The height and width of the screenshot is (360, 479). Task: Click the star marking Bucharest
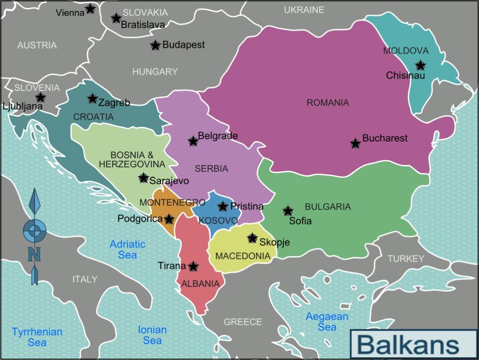click(x=355, y=143)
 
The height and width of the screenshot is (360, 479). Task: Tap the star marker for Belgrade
click(x=193, y=141)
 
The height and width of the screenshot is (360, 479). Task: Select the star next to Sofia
click(x=288, y=211)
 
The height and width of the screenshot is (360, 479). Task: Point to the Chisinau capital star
click(x=420, y=66)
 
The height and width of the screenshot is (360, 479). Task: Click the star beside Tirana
click(x=193, y=267)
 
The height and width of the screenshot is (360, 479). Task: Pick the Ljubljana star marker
click(x=41, y=97)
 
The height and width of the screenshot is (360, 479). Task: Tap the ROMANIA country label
click(x=328, y=103)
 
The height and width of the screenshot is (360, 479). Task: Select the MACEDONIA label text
click(x=243, y=256)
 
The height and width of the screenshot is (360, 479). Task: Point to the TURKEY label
click(x=405, y=259)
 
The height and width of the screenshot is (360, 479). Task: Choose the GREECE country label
click(x=243, y=322)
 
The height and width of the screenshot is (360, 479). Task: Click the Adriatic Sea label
click(x=128, y=249)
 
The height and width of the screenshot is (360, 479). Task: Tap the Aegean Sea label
click(x=327, y=322)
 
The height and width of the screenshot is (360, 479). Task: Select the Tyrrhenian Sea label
click(x=37, y=337)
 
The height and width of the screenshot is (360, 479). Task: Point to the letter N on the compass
click(x=34, y=255)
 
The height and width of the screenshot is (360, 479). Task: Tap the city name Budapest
click(x=183, y=45)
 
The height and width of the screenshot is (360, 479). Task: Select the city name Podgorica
click(x=140, y=218)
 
